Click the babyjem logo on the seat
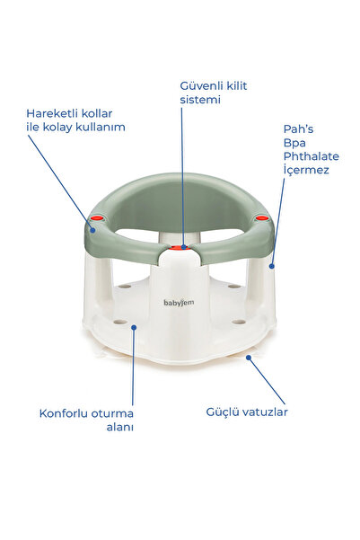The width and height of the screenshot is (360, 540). click(179, 303)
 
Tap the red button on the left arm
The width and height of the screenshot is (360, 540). click(97, 217)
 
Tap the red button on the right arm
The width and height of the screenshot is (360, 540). click(261, 217)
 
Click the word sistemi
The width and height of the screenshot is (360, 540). click(200, 100)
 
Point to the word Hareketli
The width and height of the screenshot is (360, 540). click(50, 113)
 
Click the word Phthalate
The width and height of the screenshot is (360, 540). click(312, 156)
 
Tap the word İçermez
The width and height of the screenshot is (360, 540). click(306, 170)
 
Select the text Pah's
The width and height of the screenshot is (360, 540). click(298, 129)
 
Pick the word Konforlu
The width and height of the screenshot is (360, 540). click(62, 413)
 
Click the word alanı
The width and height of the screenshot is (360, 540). click(119, 427)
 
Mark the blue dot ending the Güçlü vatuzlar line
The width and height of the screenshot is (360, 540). click(249, 358)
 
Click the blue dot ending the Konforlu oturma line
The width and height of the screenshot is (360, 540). click(134, 327)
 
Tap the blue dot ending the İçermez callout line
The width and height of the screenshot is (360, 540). click(271, 266)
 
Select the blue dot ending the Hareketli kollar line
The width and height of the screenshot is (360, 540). click(92, 230)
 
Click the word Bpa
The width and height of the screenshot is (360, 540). click(294, 143)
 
